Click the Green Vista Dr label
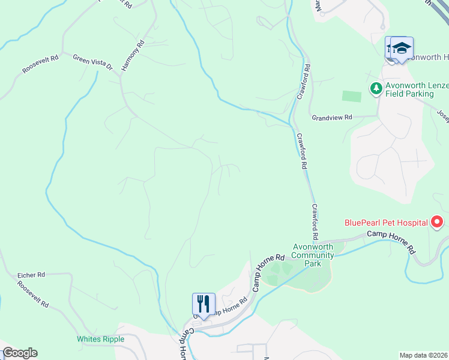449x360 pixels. [x=92, y=62]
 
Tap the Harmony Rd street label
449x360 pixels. [x=133, y=56]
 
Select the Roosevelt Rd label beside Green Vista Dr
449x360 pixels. [x=40, y=65]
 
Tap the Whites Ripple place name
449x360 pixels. [x=100, y=339]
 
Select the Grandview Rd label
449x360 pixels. [x=331, y=118]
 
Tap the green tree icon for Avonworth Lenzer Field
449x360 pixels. [x=376, y=89]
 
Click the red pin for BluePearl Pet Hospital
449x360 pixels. [x=437, y=222]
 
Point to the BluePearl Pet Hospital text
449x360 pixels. [x=385, y=223]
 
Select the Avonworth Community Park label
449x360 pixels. [x=312, y=255]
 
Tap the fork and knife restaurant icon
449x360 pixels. [x=203, y=304]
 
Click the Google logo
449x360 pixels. [x=20, y=353]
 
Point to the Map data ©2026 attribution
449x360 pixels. [x=423, y=355]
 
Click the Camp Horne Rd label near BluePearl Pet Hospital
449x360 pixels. [x=391, y=239]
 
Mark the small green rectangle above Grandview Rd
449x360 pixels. [x=352, y=96]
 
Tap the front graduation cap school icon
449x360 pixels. [x=402, y=48]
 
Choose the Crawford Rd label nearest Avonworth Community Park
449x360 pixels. [x=316, y=222]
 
